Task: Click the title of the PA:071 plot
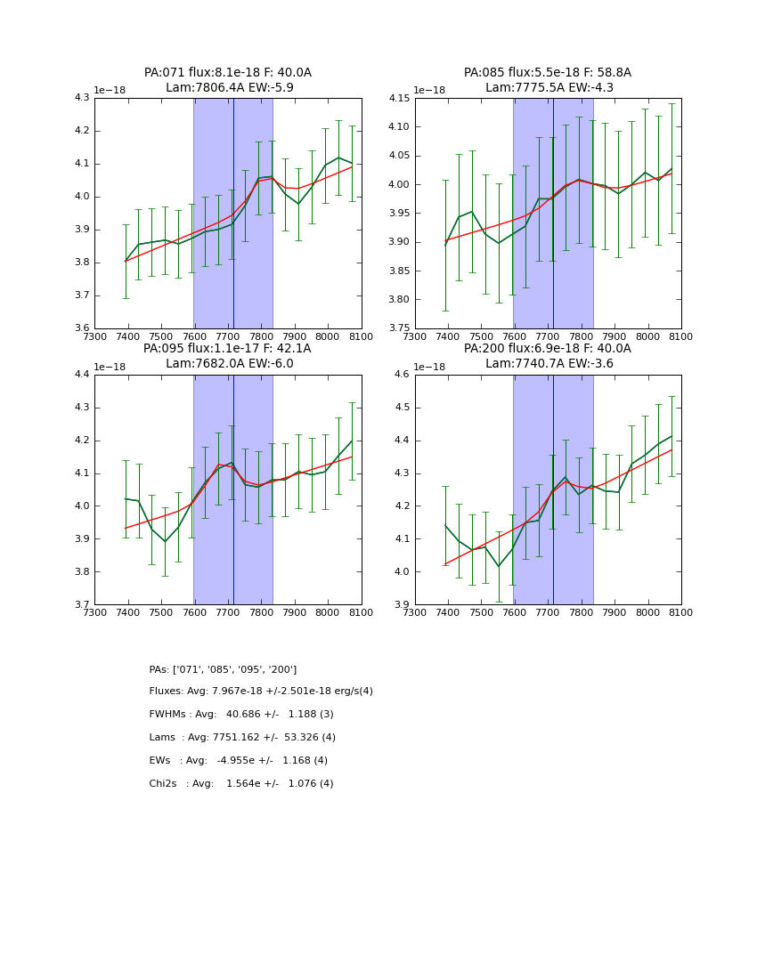point(228,73)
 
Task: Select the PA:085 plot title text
point(548,73)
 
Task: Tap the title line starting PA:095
point(228,349)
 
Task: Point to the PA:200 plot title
point(548,349)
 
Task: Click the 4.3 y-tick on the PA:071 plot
point(82,98)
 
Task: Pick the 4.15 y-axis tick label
point(399,98)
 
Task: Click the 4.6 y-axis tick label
point(402,375)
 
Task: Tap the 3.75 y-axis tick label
point(399,328)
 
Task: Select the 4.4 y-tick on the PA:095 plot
point(82,375)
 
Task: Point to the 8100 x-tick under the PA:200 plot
point(681,613)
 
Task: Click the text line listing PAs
point(223,669)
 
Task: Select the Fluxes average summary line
point(261,692)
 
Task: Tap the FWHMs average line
point(241,715)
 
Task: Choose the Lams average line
point(242,738)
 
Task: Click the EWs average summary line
point(239,761)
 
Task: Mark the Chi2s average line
point(241,784)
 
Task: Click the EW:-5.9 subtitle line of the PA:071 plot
point(229,88)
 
